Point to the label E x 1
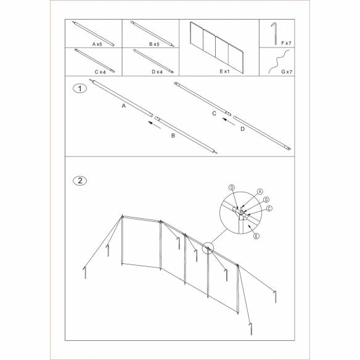pyautogui.click(x=219, y=72)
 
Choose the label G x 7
pyautogui.click(x=285, y=72)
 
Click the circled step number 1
pyautogui.click(x=79, y=88)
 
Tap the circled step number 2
pyautogui.click(x=79, y=181)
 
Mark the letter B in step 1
pyautogui.click(x=173, y=134)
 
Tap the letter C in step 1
pyautogui.click(x=214, y=113)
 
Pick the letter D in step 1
pyautogui.click(x=242, y=129)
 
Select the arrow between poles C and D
pyautogui.click(x=228, y=123)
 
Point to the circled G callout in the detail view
pyautogui.click(x=266, y=200)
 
